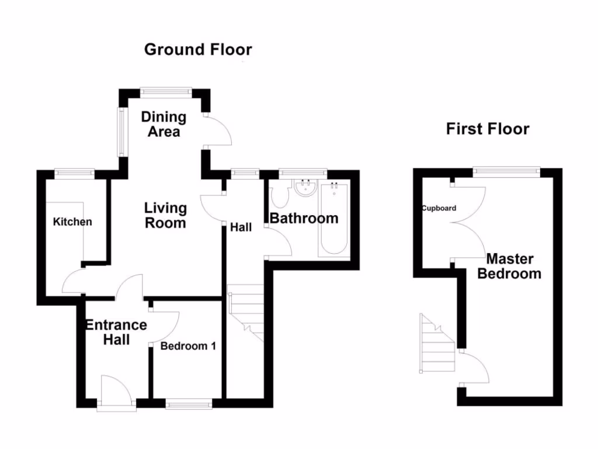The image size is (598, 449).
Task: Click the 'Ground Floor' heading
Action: tap(198, 50)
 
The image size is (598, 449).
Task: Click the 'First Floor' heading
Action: tap(488, 129)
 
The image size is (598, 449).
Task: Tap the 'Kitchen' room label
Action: tap(72, 222)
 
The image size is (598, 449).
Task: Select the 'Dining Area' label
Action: tap(164, 125)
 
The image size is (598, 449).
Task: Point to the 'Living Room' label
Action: tap(165, 215)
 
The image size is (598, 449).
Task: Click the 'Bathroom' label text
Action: tap(304, 219)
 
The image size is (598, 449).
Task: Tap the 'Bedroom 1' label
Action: tap(188, 346)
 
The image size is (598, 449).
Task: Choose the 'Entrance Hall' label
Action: tap(116, 332)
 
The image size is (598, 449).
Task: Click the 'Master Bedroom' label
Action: tap(509, 266)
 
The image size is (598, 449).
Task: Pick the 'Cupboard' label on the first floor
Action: tap(439, 208)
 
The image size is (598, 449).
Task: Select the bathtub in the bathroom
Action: tap(334, 219)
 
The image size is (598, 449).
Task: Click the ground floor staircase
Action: tap(245, 310)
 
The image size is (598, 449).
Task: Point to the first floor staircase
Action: tap(437, 345)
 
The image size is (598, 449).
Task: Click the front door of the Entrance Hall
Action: tap(117, 392)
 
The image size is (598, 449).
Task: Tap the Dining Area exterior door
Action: tap(219, 130)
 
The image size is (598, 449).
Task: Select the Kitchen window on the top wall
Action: tap(75, 172)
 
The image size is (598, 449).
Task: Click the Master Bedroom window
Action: tap(506, 171)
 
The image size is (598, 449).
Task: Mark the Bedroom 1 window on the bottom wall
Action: tap(189, 403)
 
